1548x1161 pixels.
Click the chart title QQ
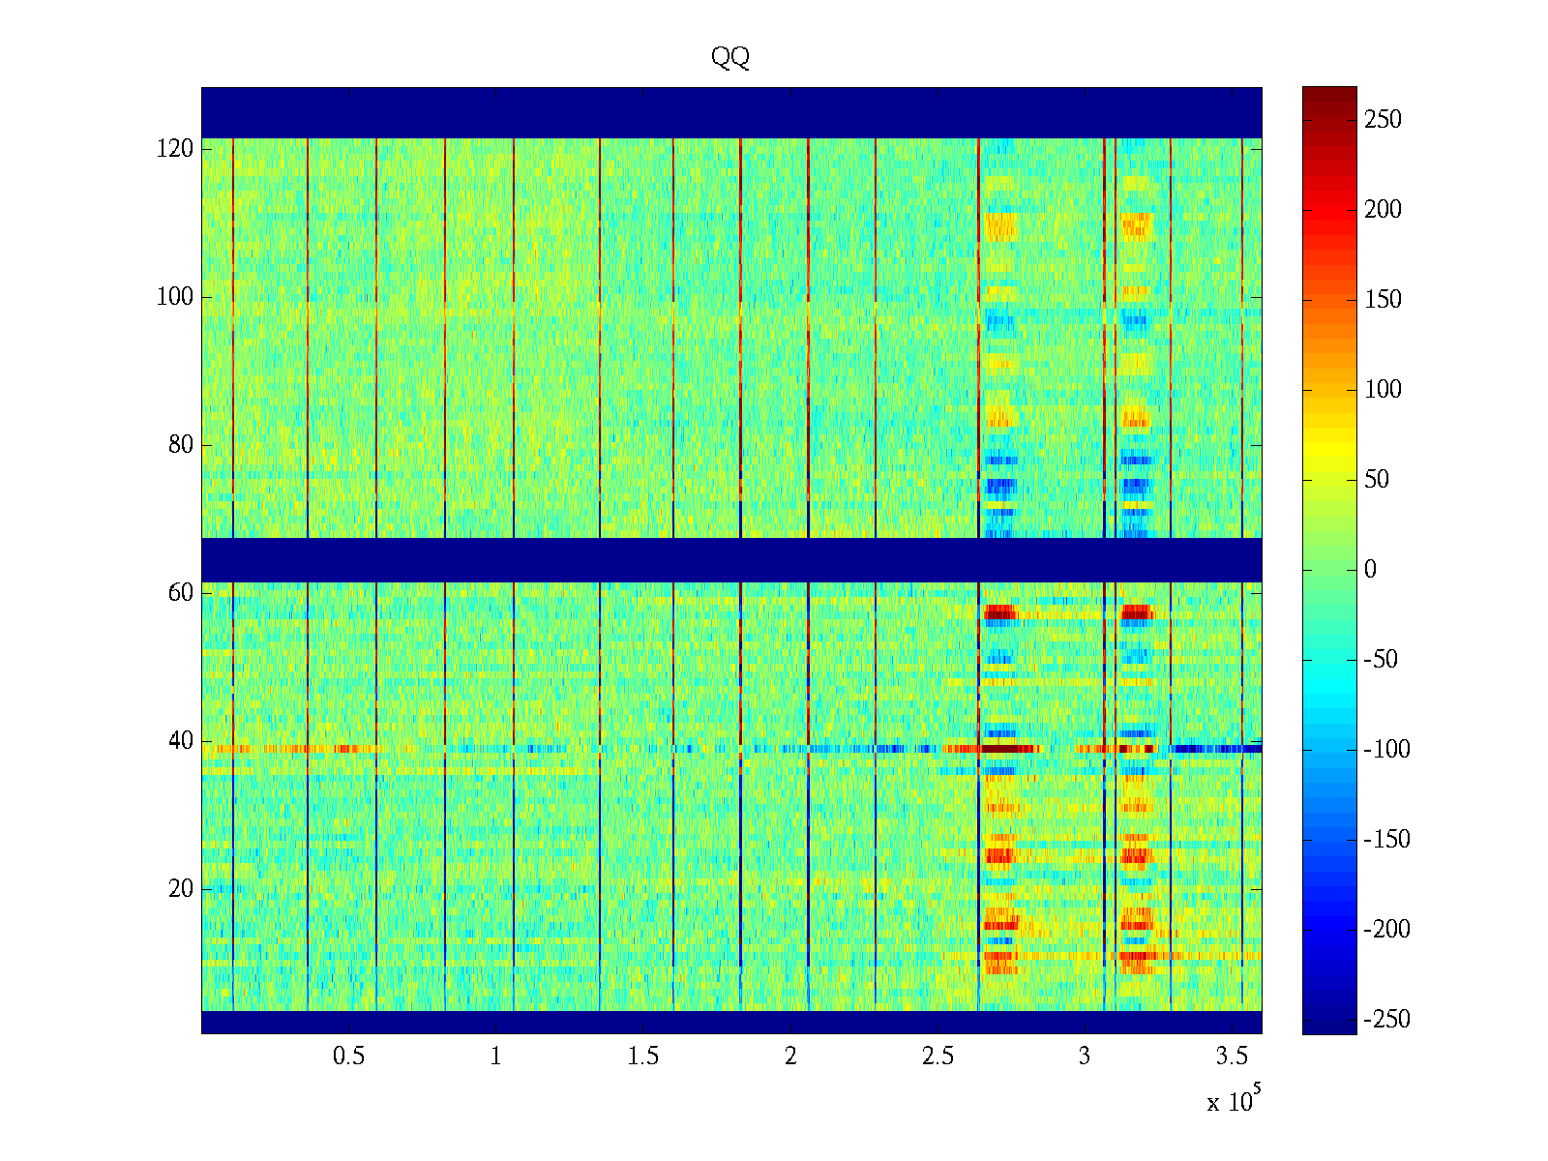(x=730, y=58)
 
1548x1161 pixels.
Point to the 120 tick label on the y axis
(x=175, y=149)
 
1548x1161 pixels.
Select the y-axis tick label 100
(x=175, y=297)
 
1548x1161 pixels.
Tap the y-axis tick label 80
(x=181, y=445)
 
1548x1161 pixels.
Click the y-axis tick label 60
(x=181, y=593)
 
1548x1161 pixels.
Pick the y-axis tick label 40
(x=181, y=741)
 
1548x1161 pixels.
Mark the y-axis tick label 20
(x=181, y=889)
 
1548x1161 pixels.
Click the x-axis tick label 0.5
(x=348, y=1057)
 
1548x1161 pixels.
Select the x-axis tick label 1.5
(x=642, y=1057)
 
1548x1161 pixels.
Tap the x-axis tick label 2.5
(x=938, y=1057)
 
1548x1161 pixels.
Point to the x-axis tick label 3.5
(x=1232, y=1057)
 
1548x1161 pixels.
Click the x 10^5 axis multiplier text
(x=1234, y=1101)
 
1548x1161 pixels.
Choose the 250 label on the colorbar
(x=1383, y=120)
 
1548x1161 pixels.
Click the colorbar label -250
(x=1386, y=1019)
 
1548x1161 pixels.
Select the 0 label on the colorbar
(x=1370, y=570)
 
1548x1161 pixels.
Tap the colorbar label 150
(x=1383, y=300)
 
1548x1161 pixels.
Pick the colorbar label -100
(x=1386, y=750)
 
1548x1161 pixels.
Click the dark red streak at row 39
(x=1010, y=749)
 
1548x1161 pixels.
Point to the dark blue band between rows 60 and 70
(x=731, y=559)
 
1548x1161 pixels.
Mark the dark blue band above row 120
(x=731, y=112)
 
